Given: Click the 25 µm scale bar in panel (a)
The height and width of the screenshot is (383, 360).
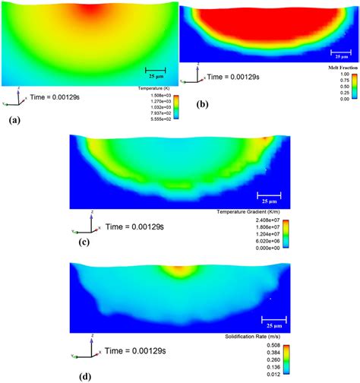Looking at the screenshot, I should (x=155, y=71).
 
